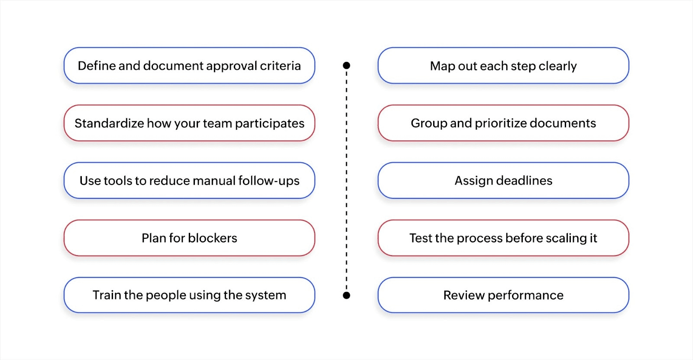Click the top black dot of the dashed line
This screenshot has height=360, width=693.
[x=346, y=65]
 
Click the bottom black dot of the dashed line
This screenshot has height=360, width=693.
[x=346, y=295]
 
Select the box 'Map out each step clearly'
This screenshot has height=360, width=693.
[x=503, y=66]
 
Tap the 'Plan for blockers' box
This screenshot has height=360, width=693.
[x=189, y=238]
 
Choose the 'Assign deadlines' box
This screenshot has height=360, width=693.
[x=503, y=181]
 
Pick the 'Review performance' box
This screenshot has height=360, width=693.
[x=503, y=295]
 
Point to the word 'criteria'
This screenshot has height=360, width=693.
[x=280, y=66]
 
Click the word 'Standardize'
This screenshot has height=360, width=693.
[x=109, y=123]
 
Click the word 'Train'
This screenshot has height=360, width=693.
[x=107, y=295]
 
